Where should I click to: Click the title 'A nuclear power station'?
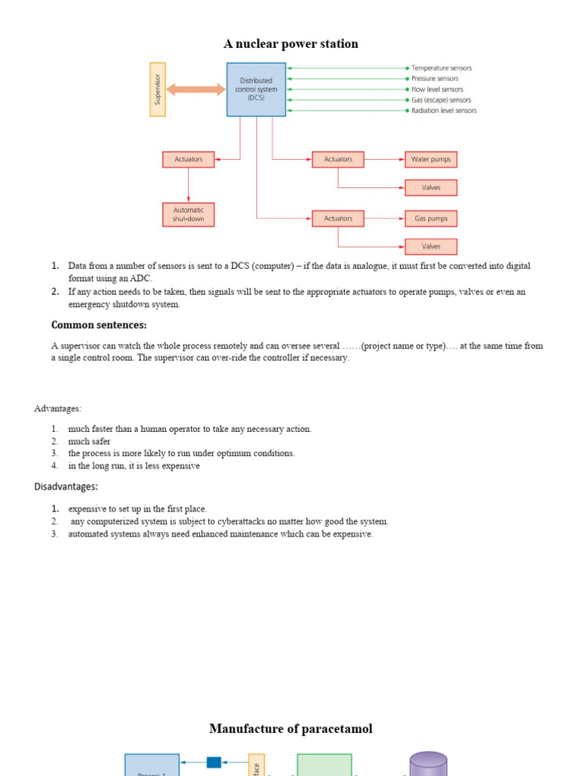tap(290, 44)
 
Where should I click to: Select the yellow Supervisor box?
tap(158, 89)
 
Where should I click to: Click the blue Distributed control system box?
tap(256, 89)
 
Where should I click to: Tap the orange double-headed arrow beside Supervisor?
tap(196, 89)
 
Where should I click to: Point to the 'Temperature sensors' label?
tap(441, 68)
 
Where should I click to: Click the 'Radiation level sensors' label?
tap(443, 111)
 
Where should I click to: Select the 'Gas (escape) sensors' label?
tap(440, 100)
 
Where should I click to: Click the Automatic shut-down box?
tap(189, 214)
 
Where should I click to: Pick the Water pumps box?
tap(430, 159)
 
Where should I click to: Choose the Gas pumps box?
tap(430, 218)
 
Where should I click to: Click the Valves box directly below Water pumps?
tap(430, 187)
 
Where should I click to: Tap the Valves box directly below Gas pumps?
tap(430, 246)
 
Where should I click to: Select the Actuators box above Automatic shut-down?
tap(189, 159)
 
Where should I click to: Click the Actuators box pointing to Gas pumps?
tap(338, 218)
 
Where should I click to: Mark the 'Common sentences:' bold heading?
tap(99, 325)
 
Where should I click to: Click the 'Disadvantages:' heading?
tap(66, 487)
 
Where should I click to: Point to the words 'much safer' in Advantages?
tap(89, 441)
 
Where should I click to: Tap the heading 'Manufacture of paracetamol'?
tap(290, 729)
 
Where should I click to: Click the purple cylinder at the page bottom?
tap(428, 764)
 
